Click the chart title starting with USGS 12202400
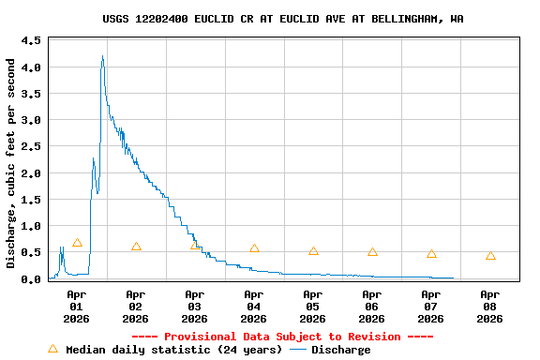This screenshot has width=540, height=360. coord(282,19)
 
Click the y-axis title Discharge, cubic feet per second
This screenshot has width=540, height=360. coord(11,163)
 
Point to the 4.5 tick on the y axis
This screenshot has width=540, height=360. coord(31,41)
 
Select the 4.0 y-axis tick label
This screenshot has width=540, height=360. coord(31,67)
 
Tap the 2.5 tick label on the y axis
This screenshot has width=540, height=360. coord(31,147)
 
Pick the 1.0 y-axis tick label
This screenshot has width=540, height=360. coord(31,226)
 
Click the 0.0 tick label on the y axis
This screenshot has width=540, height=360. coord(31,278)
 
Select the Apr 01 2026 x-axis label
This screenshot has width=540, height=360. coord(76,306)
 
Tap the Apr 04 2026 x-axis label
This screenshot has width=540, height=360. coord(253,306)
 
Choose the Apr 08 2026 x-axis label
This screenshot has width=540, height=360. coord(489,306)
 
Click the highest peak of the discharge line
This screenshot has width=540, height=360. coord(102,56)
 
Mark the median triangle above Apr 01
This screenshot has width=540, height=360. coord(77,243)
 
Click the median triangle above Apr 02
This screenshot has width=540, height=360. coord(136,247)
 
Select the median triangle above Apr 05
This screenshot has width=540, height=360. coord(313,251)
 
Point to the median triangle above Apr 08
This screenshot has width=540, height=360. coord(490,256)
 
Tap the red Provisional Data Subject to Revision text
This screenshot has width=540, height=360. coord(282,337)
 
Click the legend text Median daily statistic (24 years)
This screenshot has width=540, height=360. coord(172,350)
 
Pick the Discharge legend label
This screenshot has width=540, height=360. coord(340,350)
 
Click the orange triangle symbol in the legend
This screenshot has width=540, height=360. coord(52,349)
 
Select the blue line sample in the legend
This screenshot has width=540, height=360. coord(298,350)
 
